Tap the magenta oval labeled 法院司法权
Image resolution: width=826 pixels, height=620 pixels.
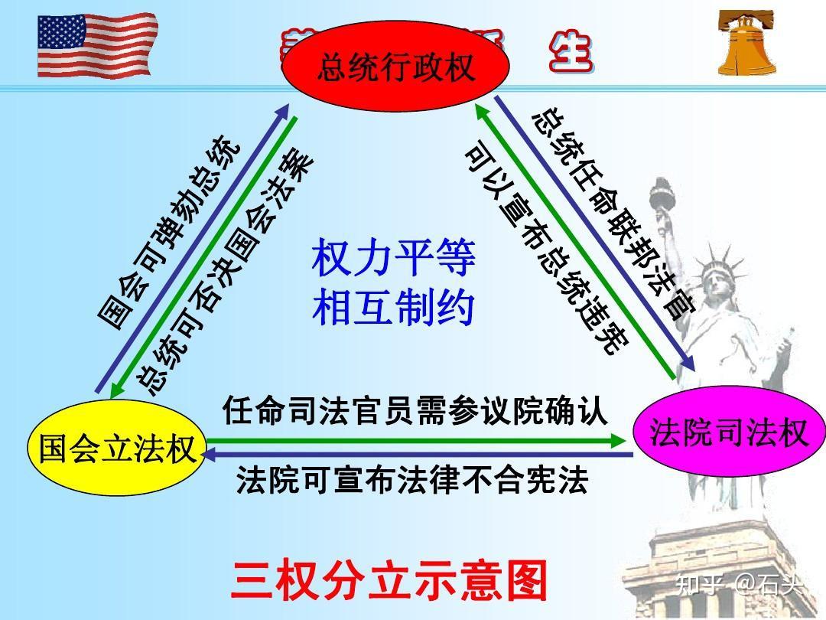click(x=729, y=433)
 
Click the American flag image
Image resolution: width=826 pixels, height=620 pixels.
click(x=95, y=45)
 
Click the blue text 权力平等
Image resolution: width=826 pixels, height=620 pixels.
click(x=393, y=259)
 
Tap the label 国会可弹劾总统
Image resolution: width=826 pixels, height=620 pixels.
click(x=170, y=234)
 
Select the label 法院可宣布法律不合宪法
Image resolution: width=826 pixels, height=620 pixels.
click(x=412, y=480)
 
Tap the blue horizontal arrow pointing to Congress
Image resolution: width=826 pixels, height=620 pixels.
click(x=417, y=455)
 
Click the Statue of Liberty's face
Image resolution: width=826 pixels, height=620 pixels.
click(x=718, y=279)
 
